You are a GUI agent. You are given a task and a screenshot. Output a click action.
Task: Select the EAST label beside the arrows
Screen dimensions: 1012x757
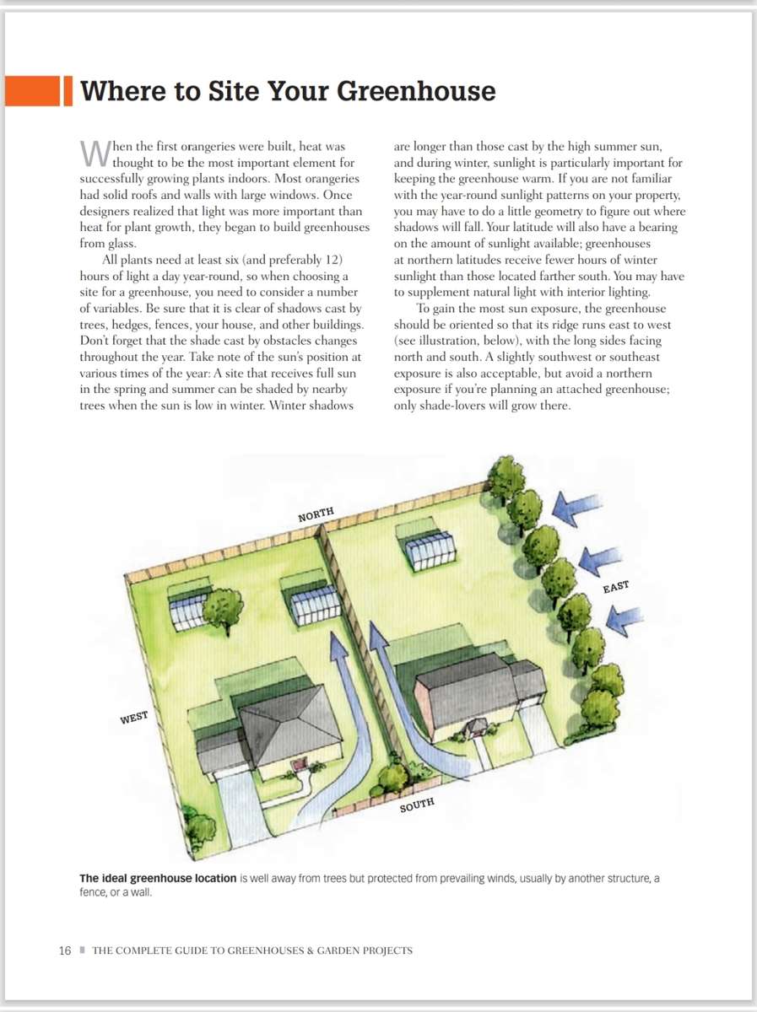tap(616, 587)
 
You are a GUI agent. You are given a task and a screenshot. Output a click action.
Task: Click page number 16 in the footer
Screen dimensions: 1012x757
tap(65, 950)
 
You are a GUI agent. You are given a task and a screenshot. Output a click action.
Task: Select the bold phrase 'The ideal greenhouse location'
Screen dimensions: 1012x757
tap(158, 878)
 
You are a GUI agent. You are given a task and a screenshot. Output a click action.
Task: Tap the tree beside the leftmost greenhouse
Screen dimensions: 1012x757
tap(224, 608)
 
